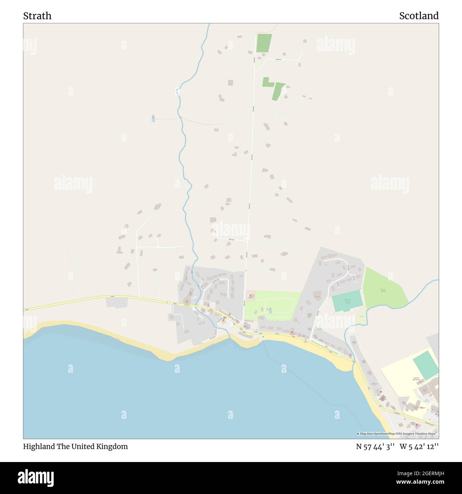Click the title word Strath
[x=37, y=16]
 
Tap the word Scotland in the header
[x=419, y=16]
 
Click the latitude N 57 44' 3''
[x=375, y=446]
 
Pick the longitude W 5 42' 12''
[x=419, y=446]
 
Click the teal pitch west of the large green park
[x=347, y=303]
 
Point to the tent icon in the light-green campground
[x=270, y=309]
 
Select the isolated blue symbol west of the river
[x=153, y=116]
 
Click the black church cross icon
[x=382, y=397]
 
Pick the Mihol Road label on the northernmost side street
[x=278, y=59]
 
